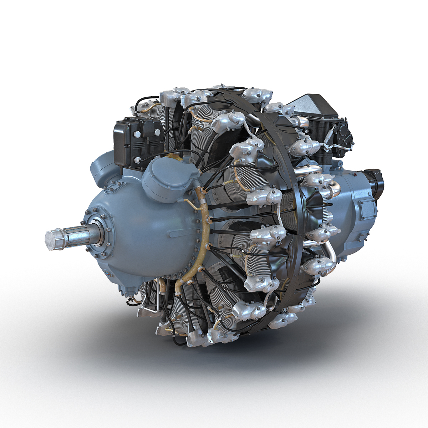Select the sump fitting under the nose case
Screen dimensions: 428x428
click(127, 291)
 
